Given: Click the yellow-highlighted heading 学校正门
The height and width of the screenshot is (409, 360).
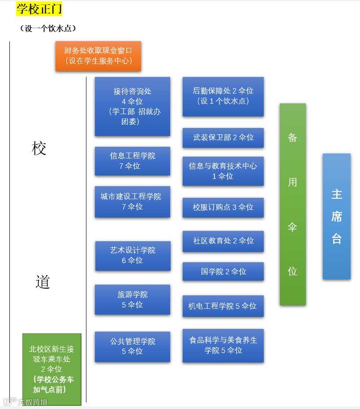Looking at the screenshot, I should [x=39, y=9].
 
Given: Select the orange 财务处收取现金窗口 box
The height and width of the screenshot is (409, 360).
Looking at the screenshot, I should [x=98, y=56].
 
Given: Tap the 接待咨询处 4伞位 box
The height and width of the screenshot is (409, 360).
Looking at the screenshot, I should [x=133, y=107].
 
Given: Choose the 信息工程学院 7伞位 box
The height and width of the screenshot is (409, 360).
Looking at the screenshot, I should [x=133, y=161].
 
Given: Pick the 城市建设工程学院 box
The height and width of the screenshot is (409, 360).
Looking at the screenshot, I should [x=133, y=202].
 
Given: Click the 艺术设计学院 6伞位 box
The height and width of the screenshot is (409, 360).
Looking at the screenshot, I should [x=133, y=256].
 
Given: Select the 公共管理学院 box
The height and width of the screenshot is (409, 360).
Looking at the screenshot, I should [x=133, y=347].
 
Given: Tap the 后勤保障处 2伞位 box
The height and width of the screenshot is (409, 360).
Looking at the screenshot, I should [x=223, y=96].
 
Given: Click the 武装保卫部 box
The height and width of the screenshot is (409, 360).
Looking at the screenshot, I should [x=223, y=138].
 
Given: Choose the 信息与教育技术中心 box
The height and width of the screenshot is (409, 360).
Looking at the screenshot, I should [x=223, y=171].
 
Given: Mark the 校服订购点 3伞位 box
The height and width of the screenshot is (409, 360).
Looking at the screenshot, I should [x=223, y=208].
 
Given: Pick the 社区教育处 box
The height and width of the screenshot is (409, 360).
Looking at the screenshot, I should [x=223, y=241].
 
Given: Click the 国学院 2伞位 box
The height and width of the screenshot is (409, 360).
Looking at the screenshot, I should [x=223, y=272].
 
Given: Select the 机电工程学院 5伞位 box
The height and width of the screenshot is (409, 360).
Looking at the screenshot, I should [x=223, y=306].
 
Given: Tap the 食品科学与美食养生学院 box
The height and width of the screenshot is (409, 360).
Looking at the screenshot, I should [x=223, y=345].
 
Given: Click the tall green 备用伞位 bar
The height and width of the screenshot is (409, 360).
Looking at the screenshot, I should [x=293, y=204].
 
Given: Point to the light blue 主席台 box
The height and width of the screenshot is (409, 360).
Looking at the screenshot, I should [x=337, y=216].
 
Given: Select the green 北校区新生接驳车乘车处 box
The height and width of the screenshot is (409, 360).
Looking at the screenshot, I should [x=52, y=369].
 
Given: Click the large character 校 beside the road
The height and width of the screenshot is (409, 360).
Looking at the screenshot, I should [x=39, y=149].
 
